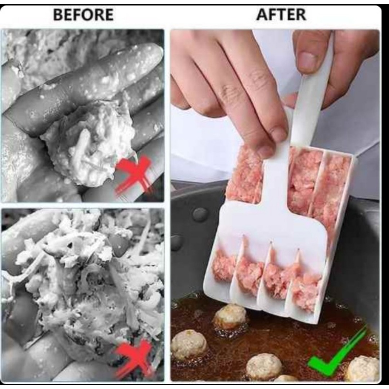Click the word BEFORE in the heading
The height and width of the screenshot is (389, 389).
pyautogui.click(x=83, y=15)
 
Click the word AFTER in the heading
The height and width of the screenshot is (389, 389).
pyautogui.click(x=281, y=14)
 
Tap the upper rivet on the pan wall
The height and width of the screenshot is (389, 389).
pyautogui.click(x=200, y=214)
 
